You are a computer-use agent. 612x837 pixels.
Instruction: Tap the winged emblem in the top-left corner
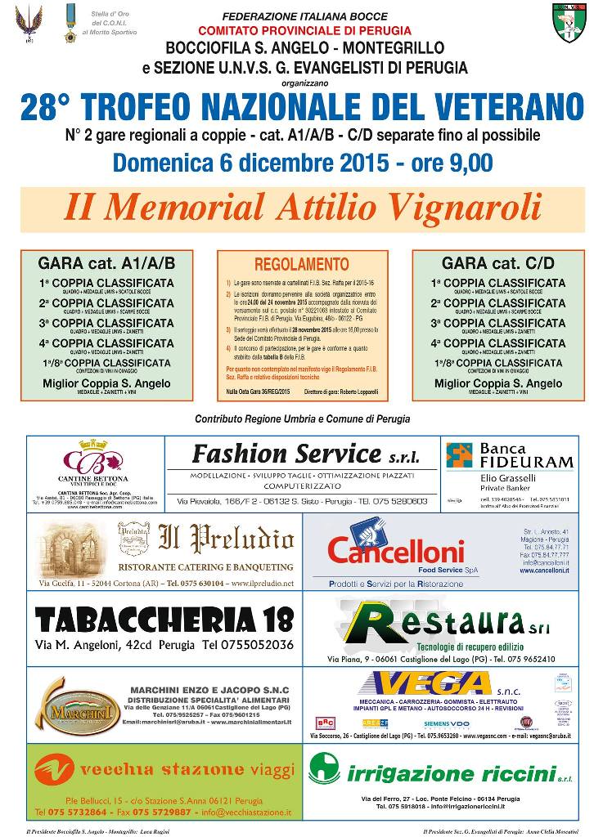[29, 21]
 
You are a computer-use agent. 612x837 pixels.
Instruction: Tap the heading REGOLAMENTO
[302, 264]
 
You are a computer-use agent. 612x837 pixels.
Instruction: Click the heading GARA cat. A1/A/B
[106, 263]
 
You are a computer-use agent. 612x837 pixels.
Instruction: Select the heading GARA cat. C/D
[497, 263]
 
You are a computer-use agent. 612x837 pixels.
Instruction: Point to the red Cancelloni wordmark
[396, 553]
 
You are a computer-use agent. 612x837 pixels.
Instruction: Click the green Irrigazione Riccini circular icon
[325, 768]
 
